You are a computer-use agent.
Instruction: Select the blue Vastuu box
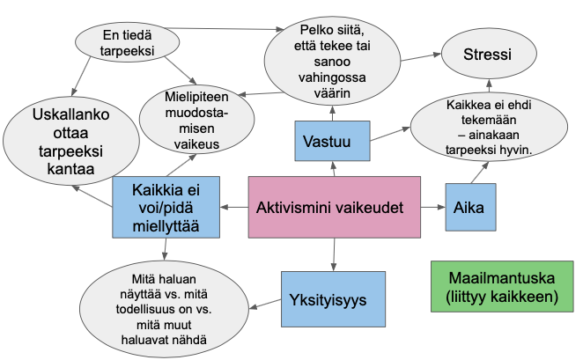click(331, 141)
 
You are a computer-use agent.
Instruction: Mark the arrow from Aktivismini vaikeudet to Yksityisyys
click(334, 253)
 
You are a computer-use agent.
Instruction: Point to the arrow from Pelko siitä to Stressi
click(422, 56)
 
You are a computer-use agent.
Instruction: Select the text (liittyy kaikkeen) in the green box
click(502, 298)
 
